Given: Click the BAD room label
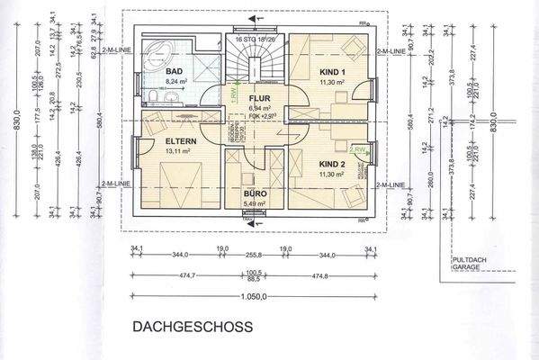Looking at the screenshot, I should pyautogui.click(x=175, y=70).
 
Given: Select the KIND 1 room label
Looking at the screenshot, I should pyautogui.click(x=332, y=70).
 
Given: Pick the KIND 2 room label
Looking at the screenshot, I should pyautogui.click(x=332, y=165).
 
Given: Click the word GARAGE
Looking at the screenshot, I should pyautogui.click(x=465, y=267).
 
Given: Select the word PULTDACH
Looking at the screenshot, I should pyautogui.click(x=469, y=260).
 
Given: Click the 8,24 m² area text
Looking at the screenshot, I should pyautogui.click(x=175, y=79).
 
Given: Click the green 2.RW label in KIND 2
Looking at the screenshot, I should pyautogui.click(x=358, y=149).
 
